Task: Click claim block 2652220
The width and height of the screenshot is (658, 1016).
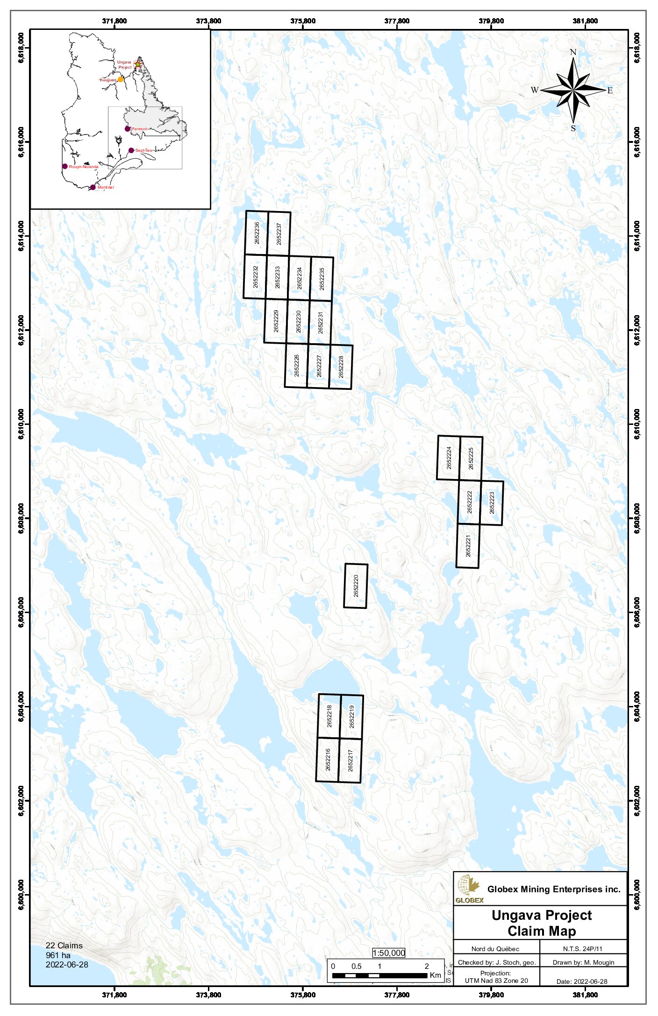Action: (356, 586)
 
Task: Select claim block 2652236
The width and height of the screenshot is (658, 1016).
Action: (257, 233)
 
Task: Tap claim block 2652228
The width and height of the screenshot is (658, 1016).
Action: (341, 367)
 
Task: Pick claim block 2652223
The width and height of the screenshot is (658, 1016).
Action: (492, 503)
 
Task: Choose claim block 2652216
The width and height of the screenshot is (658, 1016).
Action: (328, 759)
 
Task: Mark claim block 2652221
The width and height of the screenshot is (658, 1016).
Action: (468, 546)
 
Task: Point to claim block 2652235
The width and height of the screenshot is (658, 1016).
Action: (322, 279)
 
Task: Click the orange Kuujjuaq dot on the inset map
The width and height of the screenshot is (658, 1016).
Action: (121, 79)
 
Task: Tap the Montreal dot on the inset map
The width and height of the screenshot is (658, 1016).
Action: (93, 187)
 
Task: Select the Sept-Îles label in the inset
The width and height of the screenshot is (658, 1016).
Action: (143, 150)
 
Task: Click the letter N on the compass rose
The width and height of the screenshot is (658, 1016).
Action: (573, 52)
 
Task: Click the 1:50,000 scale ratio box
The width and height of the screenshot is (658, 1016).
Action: (388, 953)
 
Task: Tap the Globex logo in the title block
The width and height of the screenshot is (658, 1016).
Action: (469, 889)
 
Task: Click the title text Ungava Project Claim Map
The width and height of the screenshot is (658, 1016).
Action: (541, 923)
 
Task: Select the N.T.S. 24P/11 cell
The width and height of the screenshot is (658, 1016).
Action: (582, 949)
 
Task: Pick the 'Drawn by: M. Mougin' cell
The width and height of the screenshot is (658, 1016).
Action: (583, 962)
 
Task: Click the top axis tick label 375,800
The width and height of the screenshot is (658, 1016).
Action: (303, 21)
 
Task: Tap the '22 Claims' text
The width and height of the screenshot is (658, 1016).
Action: (64, 945)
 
